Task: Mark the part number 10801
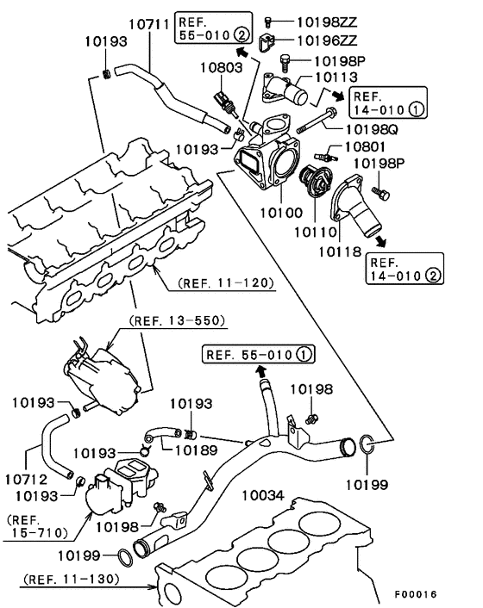coord(370,147)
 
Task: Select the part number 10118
coord(341,251)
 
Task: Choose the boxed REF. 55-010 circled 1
coord(258,353)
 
